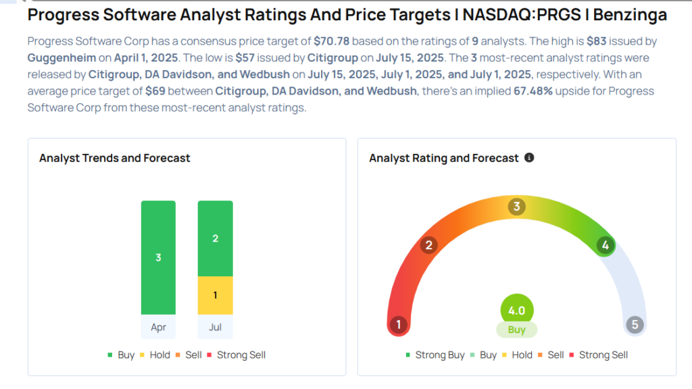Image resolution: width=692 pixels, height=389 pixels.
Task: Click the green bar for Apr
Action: pos(158,257)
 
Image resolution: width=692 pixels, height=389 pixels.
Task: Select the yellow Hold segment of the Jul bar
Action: pos(215,295)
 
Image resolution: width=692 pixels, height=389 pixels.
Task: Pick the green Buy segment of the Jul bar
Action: pos(215,238)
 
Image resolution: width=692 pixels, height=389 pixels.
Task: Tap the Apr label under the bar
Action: pos(158,326)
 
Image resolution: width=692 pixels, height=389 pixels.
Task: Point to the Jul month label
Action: pos(215,326)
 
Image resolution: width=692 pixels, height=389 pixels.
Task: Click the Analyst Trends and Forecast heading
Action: pos(115,158)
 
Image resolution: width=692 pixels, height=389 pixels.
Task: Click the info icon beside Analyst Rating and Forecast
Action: pos(529,157)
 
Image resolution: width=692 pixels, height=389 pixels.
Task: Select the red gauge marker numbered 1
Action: pos(399,325)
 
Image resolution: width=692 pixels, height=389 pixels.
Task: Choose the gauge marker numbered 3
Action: pos(517,207)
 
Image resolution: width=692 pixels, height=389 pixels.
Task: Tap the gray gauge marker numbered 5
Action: pos(635,325)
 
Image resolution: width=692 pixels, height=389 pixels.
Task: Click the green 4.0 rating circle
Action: pos(517,311)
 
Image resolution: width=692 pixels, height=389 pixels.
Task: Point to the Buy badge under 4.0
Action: pos(517,330)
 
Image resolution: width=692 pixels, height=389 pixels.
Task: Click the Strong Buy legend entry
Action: pos(435,355)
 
